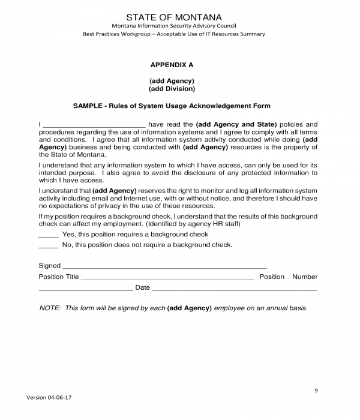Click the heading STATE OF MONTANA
tap(173, 17)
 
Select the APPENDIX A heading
tap(172, 64)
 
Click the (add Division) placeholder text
tap(172, 89)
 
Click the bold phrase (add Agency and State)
tap(236, 124)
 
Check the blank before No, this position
tap(48, 246)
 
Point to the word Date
tap(142, 288)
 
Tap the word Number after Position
tap(305, 277)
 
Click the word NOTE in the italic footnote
tap(49, 308)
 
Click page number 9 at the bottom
tap(316, 391)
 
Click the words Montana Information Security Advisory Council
tap(173, 26)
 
